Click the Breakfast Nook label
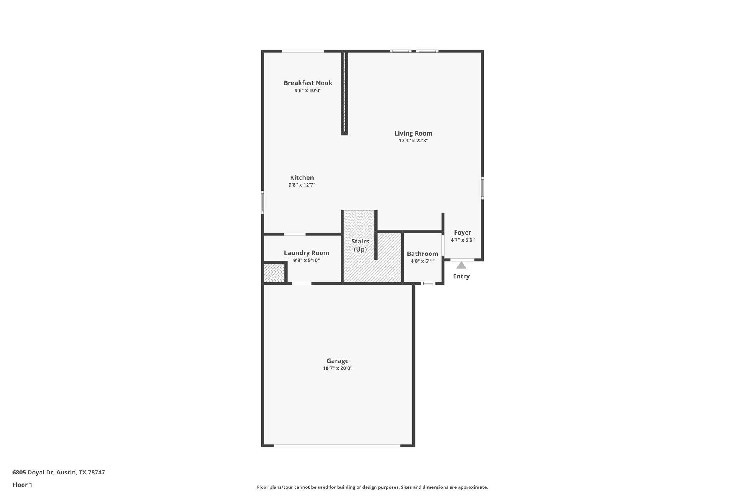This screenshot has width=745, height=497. tap(308, 83)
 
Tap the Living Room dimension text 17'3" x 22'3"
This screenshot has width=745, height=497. tap(413, 141)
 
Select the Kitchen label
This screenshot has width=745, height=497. tap(302, 177)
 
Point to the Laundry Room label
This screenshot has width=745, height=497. tap(306, 253)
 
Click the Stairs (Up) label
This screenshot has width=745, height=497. tap(360, 245)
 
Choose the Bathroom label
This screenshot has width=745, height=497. tap(422, 254)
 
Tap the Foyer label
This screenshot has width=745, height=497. tap(463, 233)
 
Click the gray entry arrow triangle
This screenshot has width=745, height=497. tap(461, 265)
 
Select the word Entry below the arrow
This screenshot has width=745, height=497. tap(461, 276)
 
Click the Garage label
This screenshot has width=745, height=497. tap(337, 361)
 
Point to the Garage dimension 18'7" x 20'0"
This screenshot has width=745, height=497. tap(337, 368)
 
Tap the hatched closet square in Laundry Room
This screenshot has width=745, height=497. tap(274, 273)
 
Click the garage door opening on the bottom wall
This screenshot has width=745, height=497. tap(337, 445)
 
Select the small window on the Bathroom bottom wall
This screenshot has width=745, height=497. tap(428, 283)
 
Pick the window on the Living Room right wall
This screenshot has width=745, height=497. tap(482, 188)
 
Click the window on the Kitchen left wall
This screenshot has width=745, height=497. tap(262, 202)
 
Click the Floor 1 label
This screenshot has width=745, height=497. tap(22, 485)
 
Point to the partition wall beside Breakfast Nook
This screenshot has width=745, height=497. tap(344, 93)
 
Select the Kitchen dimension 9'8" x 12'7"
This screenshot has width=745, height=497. tap(302, 185)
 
